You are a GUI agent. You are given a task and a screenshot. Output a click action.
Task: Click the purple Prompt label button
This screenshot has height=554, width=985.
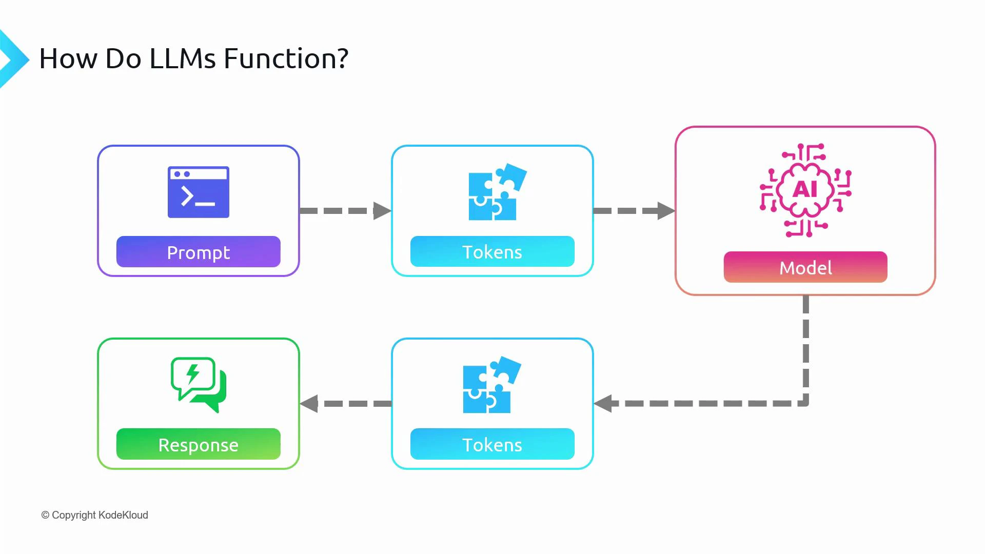point(198,252)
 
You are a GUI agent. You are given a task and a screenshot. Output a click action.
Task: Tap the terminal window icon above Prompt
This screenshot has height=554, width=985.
point(198,192)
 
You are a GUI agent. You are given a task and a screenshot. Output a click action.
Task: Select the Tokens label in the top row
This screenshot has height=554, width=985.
point(492,252)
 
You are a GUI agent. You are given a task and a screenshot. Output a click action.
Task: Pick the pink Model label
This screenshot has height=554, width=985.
point(805,267)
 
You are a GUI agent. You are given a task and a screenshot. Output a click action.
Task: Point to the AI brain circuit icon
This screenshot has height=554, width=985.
point(805,190)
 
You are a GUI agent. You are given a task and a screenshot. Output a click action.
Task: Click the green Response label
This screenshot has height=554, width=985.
point(198,444)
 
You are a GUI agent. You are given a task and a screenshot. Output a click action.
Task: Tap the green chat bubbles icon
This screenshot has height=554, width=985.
point(198,384)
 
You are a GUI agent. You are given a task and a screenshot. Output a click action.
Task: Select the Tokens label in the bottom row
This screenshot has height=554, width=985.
point(492,444)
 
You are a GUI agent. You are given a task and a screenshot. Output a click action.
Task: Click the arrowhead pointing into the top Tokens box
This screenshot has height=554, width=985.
point(382,211)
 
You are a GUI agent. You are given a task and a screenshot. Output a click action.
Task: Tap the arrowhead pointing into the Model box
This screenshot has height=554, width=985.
point(666,211)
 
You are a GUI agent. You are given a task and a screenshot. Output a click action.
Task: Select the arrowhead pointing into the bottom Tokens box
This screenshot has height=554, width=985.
point(603,403)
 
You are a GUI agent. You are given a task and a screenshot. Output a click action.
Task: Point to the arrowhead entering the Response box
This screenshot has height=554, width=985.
point(309,403)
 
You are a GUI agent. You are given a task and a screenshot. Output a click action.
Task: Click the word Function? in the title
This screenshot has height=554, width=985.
point(286,58)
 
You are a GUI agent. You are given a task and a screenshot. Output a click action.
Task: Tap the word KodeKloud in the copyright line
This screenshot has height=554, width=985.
point(123,515)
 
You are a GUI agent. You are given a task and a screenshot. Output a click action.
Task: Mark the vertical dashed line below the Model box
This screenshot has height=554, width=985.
point(806,349)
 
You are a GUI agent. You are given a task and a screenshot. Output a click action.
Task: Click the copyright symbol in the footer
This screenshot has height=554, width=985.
point(45,515)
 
